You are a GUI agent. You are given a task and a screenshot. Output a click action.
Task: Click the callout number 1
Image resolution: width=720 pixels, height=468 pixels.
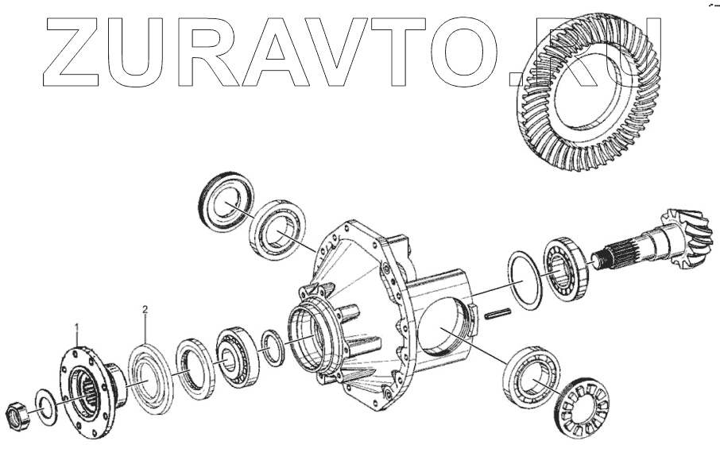77,327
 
